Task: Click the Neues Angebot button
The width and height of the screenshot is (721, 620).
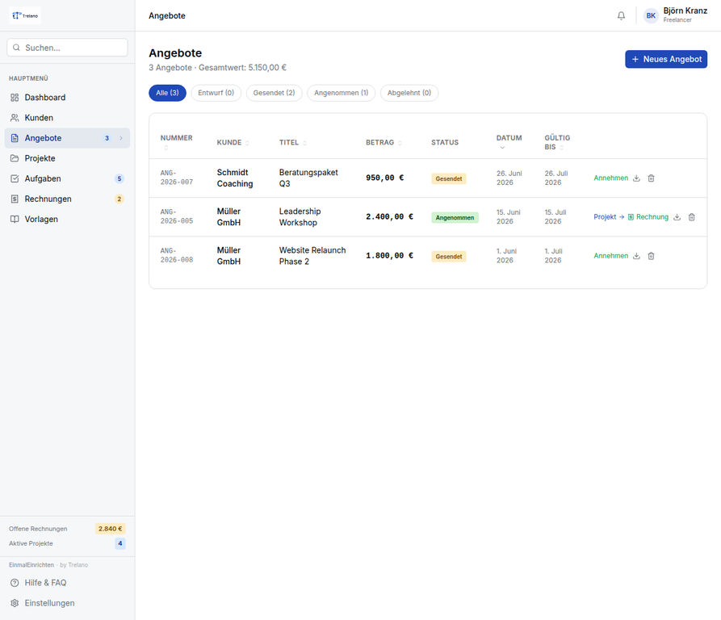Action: coord(666,59)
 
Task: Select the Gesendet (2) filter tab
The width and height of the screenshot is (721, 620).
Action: coord(274,93)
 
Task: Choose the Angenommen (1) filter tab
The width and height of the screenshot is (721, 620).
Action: coord(342,93)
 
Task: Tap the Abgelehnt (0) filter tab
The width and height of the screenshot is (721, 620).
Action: coord(409,93)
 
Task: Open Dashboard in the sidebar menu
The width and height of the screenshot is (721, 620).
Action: coord(45,98)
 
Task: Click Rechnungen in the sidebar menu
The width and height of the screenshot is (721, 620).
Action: coord(48,199)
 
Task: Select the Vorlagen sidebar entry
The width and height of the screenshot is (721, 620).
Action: coord(41,220)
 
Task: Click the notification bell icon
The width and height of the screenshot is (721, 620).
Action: coord(621,15)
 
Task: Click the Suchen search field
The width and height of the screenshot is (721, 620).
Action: coord(67,48)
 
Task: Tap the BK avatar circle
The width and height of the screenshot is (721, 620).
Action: coord(651,15)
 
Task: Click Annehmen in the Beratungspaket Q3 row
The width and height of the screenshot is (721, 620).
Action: coord(610,178)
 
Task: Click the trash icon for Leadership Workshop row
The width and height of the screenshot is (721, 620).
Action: coord(692,217)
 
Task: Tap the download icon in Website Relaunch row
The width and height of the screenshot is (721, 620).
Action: coord(636,256)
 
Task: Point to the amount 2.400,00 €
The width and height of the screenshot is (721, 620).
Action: coord(389,217)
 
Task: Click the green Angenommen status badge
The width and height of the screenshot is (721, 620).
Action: coord(455,217)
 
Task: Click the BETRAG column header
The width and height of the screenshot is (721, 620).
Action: coord(379,142)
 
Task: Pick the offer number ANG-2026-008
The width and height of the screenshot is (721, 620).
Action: coord(177,256)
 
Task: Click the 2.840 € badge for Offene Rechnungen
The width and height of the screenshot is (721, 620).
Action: coord(111,529)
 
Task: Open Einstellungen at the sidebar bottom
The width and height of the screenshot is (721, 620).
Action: coord(49,603)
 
